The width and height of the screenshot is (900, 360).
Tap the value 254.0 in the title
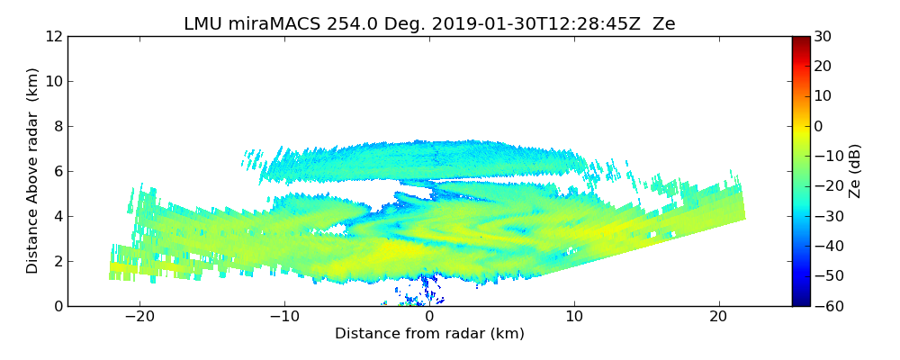340,24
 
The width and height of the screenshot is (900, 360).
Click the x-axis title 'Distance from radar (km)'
429,334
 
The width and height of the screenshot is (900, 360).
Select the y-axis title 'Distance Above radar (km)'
33,170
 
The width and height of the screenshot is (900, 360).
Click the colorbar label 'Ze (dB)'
855,170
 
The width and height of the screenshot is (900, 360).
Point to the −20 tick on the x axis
139,317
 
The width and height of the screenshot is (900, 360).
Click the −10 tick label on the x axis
284,317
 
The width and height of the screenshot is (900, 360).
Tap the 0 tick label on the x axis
429,317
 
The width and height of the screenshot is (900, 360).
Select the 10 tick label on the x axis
574,317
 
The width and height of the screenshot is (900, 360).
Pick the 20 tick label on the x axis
718,317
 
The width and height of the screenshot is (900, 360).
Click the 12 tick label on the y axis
54,36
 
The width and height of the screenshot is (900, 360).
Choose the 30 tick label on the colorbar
823,36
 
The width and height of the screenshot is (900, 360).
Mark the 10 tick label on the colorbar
823,96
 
